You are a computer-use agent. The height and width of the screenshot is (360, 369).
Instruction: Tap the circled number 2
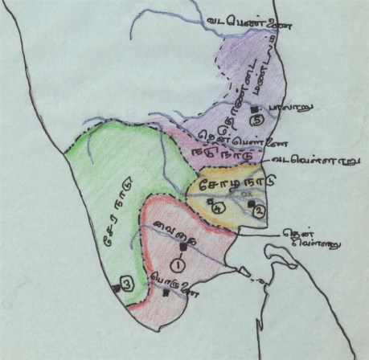pyautogui.click(x=258, y=211)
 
